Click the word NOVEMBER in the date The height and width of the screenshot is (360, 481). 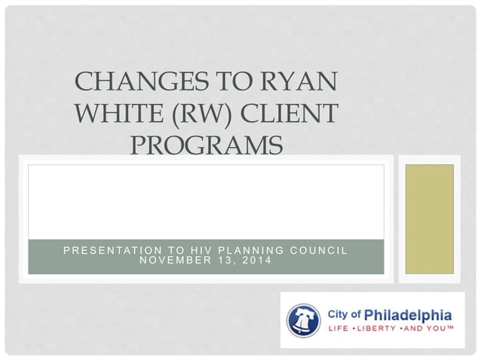click(170, 261)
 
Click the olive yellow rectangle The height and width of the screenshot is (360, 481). click(430, 218)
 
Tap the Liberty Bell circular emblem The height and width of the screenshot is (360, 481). click(304, 320)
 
